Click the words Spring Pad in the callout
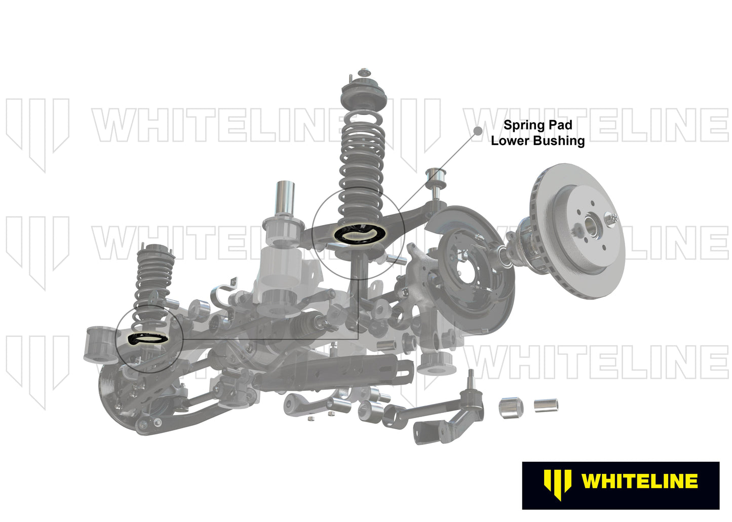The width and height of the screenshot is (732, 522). [x=537, y=125]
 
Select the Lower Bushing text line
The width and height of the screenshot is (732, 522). [x=537, y=141]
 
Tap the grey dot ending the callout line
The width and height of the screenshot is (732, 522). [x=477, y=131]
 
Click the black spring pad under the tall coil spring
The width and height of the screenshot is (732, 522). [x=360, y=234]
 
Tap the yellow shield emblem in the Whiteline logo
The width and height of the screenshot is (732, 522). [x=557, y=484]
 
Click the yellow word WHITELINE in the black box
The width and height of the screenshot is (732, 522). [x=639, y=481]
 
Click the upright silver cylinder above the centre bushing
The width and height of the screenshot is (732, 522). [x=285, y=199]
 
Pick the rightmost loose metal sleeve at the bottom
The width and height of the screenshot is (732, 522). [x=546, y=405]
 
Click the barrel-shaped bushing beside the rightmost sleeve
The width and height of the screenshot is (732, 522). [x=512, y=407]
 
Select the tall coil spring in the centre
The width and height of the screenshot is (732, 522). [x=361, y=162]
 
